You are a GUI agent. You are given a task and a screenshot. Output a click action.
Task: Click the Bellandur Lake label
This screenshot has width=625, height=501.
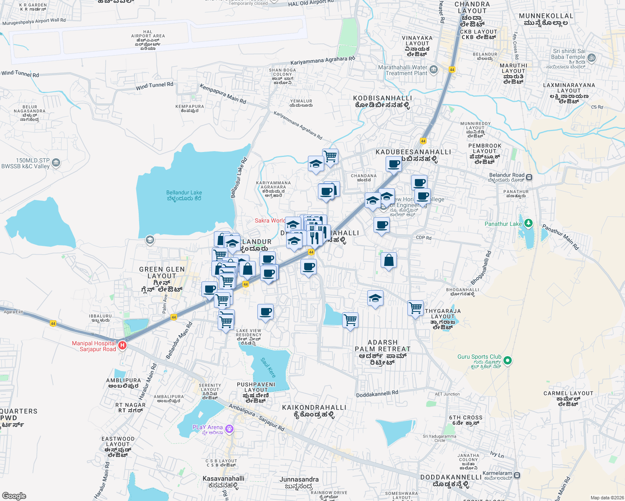tap(184, 195)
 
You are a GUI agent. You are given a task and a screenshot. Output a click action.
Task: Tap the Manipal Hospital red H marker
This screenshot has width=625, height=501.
tap(122, 346)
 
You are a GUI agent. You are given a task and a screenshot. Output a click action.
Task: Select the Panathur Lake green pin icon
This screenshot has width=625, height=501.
tap(528, 223)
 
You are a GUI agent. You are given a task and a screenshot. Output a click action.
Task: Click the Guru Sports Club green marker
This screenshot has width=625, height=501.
tap(508, 360)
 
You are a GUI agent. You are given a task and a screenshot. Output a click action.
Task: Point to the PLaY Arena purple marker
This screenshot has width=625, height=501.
tap(229, 429)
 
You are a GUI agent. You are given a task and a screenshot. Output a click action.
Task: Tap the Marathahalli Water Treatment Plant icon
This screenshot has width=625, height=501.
tap(434, 69)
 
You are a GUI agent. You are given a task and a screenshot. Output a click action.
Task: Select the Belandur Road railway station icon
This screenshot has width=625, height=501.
tap(529, 177)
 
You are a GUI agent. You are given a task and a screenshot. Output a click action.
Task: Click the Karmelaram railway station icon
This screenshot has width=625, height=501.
tap(517, 475)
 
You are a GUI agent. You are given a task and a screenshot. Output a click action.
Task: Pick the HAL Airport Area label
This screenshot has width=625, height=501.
tap(148, 40)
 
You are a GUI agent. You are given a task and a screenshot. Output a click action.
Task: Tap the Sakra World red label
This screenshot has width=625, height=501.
tap(270, 220)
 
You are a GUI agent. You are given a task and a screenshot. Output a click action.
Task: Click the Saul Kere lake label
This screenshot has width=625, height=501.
tap(268, 367)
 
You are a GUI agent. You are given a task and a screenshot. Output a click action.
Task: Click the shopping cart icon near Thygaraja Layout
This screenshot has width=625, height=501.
tap(416, 308)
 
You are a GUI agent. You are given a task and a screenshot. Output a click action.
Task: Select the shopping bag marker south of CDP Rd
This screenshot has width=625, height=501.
tap(389, 260)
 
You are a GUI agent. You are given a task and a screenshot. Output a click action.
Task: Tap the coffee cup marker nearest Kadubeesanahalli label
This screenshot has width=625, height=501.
tap(393, 164)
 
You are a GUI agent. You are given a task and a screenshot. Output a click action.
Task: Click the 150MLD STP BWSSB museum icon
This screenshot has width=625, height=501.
tap(56, 163)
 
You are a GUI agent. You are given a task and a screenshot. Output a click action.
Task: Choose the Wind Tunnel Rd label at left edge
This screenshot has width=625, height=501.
tap(20, 74)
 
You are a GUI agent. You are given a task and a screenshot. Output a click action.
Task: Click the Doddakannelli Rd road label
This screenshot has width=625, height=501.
tap(377, 394)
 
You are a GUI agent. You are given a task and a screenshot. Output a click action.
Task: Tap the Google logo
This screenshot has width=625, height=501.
tap(14, 496)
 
